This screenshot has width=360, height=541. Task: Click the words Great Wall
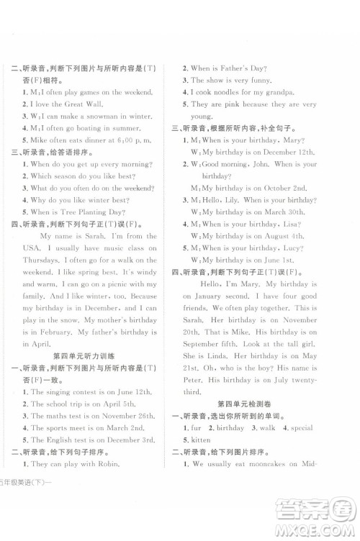click(69, 103)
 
